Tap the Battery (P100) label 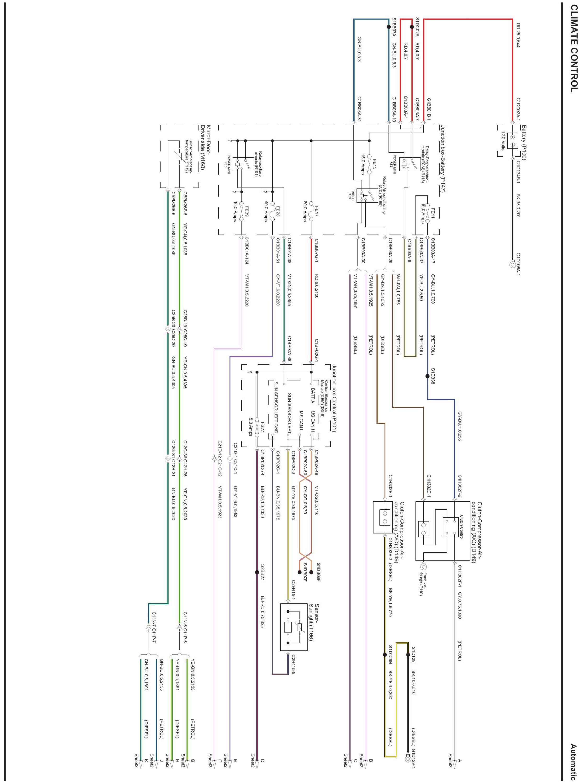click(x=524, y=143)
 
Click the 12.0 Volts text click(x=503, y=141)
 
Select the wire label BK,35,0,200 click(x=518, y=206)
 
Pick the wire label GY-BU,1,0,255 click(x=460, y=426)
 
